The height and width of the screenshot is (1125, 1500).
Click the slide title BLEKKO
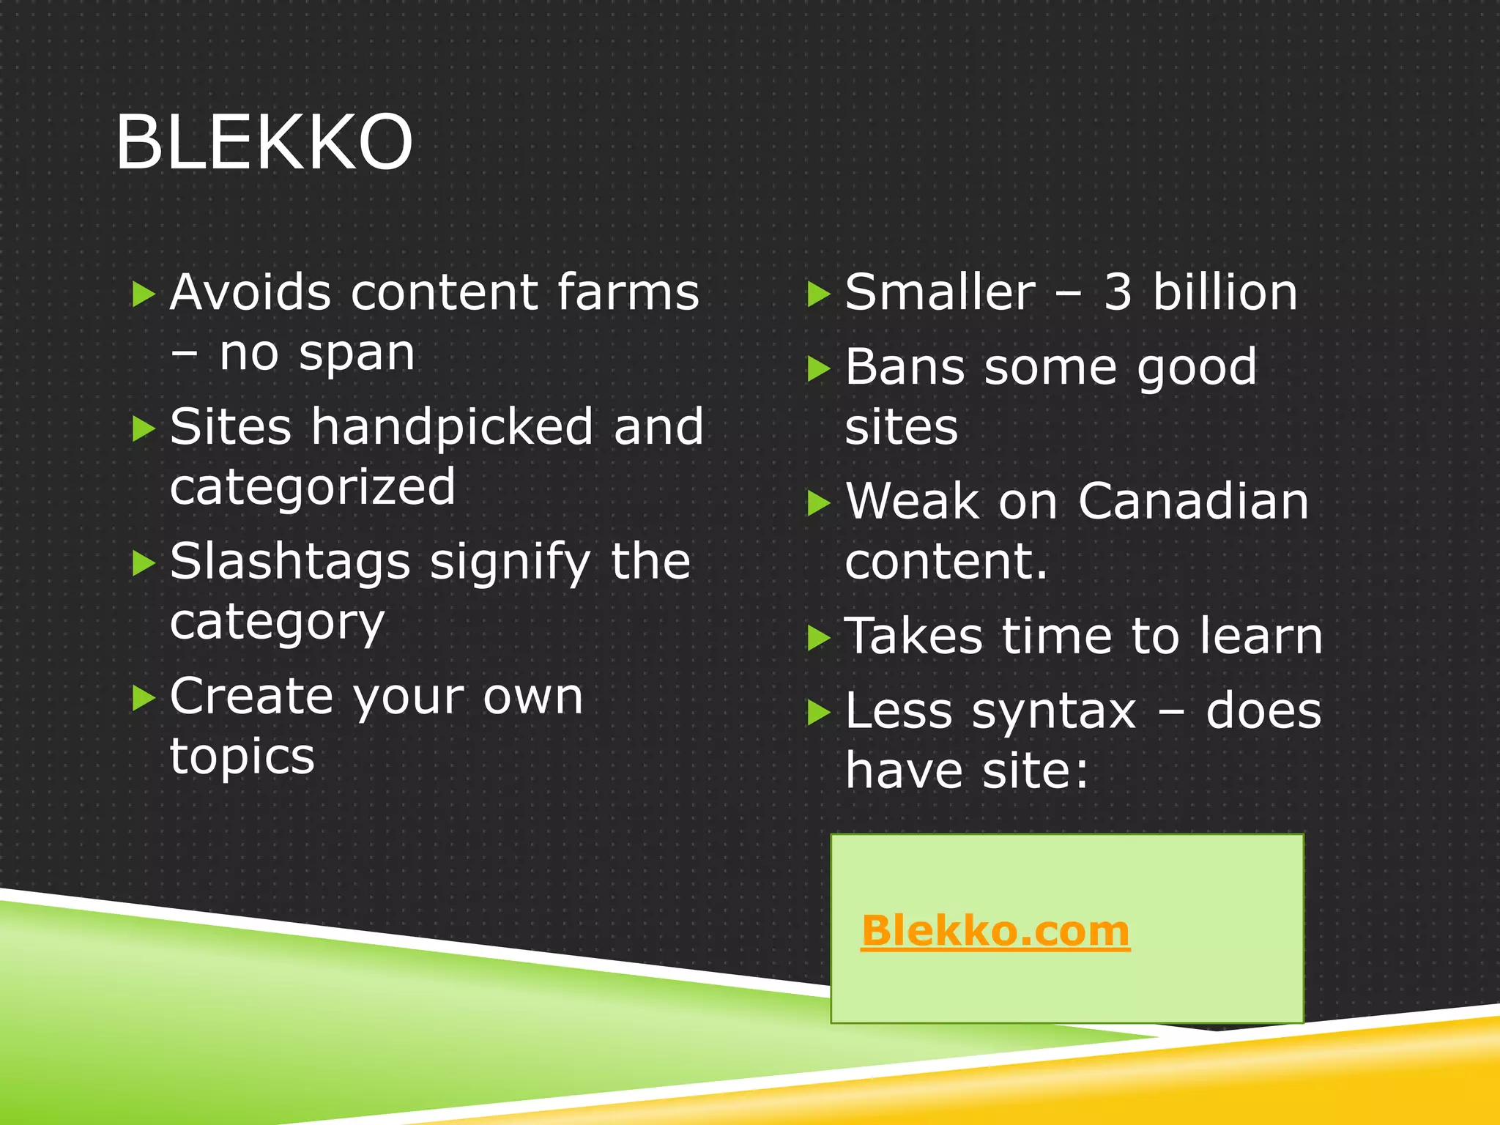coord(264,143)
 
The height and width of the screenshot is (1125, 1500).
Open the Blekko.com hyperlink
coord(995,931)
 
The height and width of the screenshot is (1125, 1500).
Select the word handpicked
coord(451,427)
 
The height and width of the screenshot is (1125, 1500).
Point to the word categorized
coord(313,488)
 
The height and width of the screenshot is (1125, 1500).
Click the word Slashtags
coord(290,562)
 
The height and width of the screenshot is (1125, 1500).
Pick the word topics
coord(242,757)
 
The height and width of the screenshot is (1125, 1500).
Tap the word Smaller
coord(940,292)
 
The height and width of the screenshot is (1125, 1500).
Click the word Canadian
coord(1193,502)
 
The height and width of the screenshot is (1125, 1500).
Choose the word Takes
coord(913,636)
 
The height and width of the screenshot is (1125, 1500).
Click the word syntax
coord(1053,712)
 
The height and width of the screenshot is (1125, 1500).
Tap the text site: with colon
coord(1036,771)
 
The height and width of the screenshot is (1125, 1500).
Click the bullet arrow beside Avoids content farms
coord(144,295)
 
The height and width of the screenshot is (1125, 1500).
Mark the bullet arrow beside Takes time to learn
coord(818,639)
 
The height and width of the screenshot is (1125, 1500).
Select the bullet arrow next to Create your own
coord(144,699)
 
